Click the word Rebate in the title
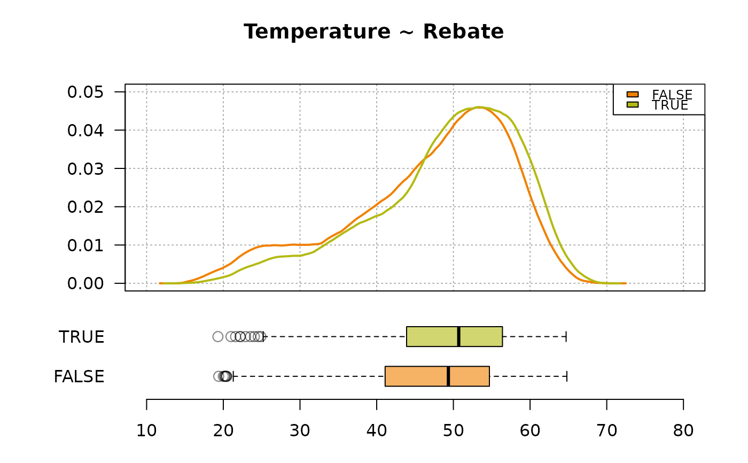click(x=463, y=32)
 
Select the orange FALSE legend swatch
click(x=633, y=94)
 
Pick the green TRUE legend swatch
click(x=633, y=105)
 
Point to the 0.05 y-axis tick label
click(x=85, y=92)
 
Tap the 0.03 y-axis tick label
click(x=85, y=169)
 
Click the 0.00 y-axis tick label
click(x=85, y=283)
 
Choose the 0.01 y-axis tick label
click(x=85, y=245)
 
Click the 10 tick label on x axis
click(x=146, y=430)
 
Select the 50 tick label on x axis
click(x=453, y=430)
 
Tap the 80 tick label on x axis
click(x=683, y=430)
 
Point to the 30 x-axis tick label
click(x=300, y=430)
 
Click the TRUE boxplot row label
click(x=81, y=337)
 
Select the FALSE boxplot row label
click(x=79, y=376)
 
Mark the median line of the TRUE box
click(x=459, y=337)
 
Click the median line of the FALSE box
click(x=448, y=376)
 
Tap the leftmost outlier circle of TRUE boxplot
click(x=218, y=337)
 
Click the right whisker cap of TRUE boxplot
click(x=566, y=337)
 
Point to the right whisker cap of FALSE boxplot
click(x=567, y=376)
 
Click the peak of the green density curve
click(x=479, y=107)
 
